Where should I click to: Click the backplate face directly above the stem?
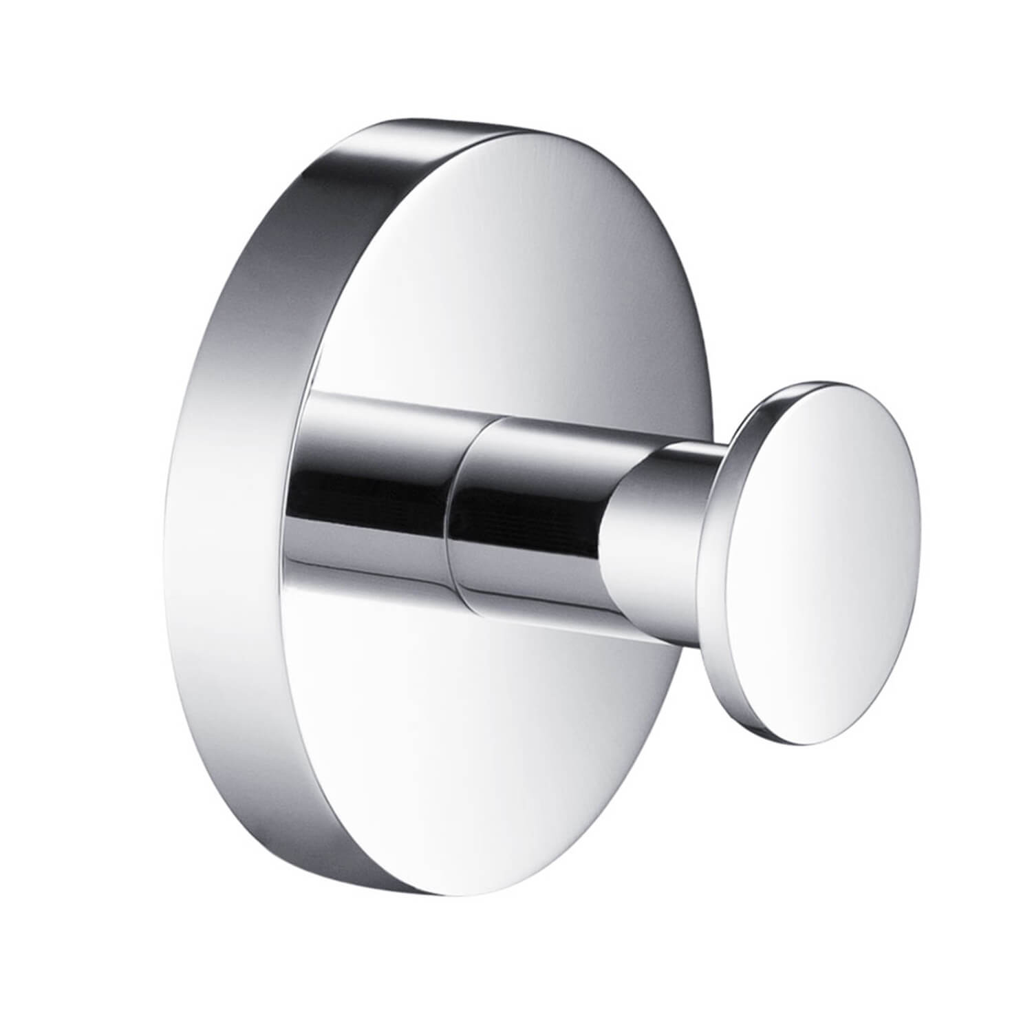pos(482,275)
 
